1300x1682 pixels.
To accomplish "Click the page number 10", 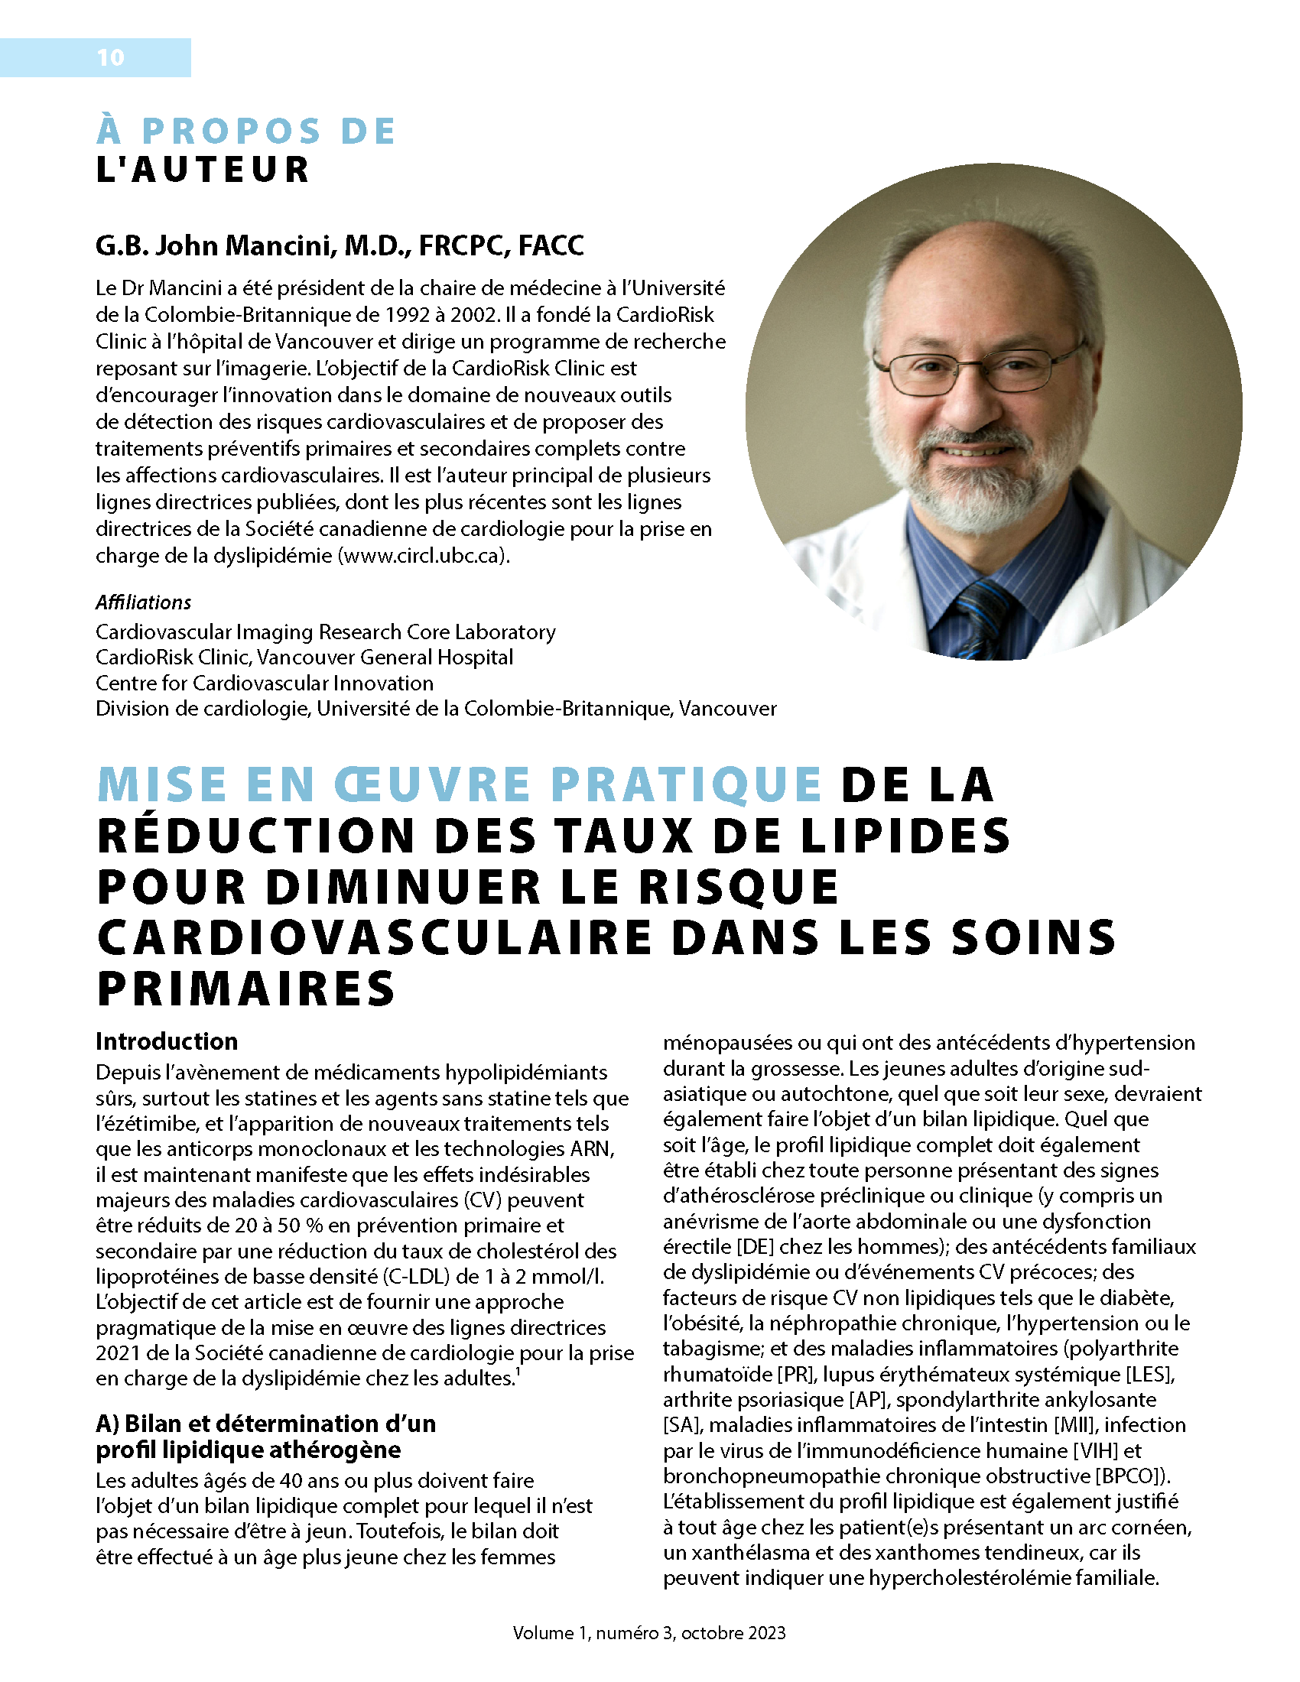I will (x=110, y=58).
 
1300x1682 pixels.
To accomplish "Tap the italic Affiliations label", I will (x=143, y=602).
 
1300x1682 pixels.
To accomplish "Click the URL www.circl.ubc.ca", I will (x=424, y=555).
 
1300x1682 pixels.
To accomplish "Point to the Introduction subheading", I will (x=167, y=1041).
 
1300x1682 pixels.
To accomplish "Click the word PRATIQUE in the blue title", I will (x=686, y=785).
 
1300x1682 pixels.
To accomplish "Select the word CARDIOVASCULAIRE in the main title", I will (x=377, y=939).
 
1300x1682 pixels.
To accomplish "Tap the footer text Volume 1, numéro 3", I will (x=593, y=1633).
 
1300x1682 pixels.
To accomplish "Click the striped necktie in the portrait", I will (x=983, y=616).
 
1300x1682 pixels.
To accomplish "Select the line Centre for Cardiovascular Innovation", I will (x=264, y=683).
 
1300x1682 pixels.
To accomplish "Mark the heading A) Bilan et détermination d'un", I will (x=265, y=1424).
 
